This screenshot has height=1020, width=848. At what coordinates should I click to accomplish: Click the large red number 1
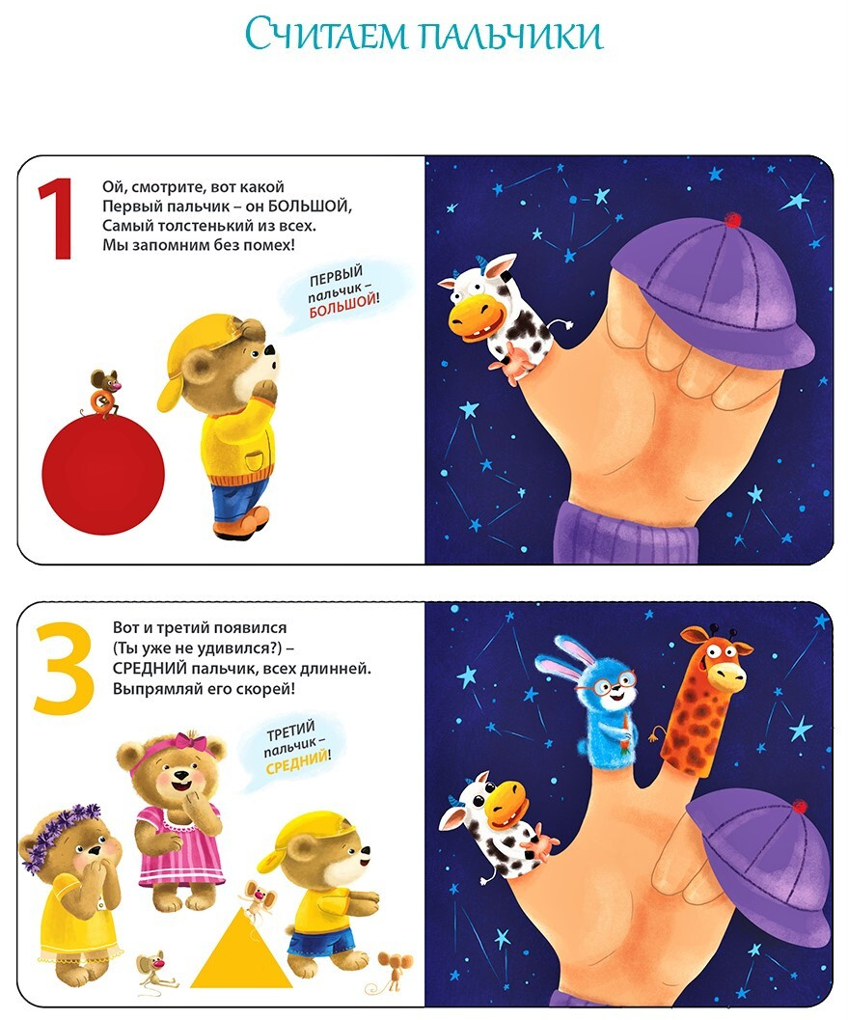coord(57,220)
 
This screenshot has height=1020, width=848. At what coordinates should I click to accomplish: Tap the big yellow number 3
coord(64,668)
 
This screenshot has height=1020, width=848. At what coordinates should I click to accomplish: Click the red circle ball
coord(103,476)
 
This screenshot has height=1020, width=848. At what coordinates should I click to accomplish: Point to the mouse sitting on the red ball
coord(103,392)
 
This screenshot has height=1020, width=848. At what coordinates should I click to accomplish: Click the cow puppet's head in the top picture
coord(479,300)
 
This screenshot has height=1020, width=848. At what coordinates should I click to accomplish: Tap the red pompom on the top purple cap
coord(733,220)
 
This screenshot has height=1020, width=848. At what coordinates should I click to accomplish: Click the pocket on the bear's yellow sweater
coord(255,461)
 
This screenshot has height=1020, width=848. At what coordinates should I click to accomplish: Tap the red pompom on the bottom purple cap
coord(799,806)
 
